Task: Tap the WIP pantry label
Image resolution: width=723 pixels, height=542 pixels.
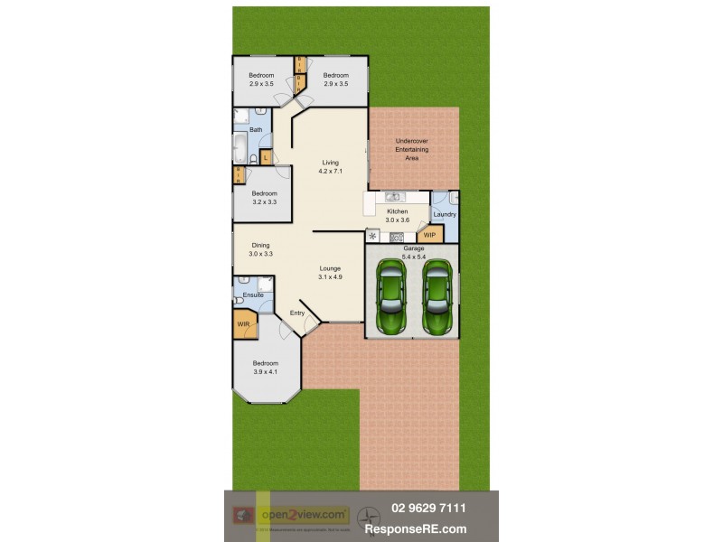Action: (x=429, y=235)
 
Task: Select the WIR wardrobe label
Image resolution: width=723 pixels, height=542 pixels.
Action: (x=243, y=323)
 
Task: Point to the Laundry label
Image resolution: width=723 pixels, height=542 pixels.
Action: (x=445, y=214)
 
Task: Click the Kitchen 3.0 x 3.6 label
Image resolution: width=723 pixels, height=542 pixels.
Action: (x=398, y=215)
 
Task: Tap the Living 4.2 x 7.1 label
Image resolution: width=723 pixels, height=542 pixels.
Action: (x=330, y=166)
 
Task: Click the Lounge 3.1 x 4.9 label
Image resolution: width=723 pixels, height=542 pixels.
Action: (x=331, y=273)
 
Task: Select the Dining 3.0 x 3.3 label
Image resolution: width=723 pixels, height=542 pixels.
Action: (x=260, y=249)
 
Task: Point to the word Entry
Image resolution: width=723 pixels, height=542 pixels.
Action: (x=296, y=313)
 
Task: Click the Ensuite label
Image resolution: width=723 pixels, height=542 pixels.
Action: (x=254, y=294)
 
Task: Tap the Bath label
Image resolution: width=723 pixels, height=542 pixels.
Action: (x=256, y=130)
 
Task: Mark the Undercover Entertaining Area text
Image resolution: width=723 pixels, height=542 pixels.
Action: (x=412, y=149)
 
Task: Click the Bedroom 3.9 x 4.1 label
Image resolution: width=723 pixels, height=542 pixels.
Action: (x=265, y=369)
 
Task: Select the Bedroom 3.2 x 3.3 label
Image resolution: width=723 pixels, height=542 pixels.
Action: (x=264, y=198)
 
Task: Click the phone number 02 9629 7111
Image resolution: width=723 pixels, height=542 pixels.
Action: (x=428, y=509)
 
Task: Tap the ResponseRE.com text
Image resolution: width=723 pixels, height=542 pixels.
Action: (x=428, y=528)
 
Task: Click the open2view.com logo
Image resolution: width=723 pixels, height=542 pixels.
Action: (x=304, y=515)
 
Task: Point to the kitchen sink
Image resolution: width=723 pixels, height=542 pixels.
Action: (x=392, y=197)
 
